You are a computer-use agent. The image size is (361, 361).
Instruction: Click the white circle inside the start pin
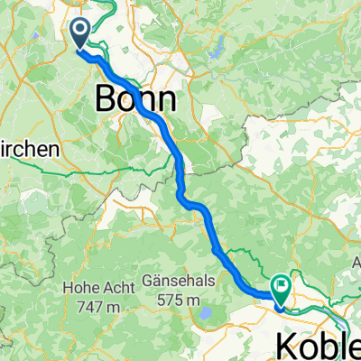click(79, 31)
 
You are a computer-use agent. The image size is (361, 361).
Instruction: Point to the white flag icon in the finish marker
click(282, 286)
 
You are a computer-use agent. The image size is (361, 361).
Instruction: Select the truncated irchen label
click(28, 149)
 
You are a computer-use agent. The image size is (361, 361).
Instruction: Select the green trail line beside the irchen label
click(81, 168)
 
